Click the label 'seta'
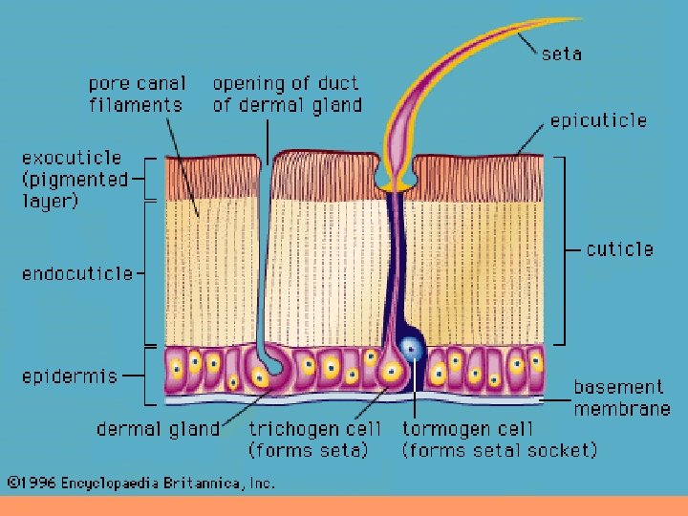coord(562,54)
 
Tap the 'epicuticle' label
coord(598,120)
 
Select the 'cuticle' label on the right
coord(620,249)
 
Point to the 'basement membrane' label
coord(621,398)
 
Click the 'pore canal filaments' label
coord(138,95)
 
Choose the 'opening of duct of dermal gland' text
coord(287,95)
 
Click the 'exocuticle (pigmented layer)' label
coord(73,179)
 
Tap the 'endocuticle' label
coord(77,274)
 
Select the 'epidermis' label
coord(70,376)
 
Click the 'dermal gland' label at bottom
coord(158,429)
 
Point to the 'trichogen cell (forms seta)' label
coord(315,440)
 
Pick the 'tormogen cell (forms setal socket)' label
coord(499,440)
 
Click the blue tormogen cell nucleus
coord(413,349)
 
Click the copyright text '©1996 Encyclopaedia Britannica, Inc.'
coord(141,484)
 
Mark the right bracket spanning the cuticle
coord(563,249)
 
